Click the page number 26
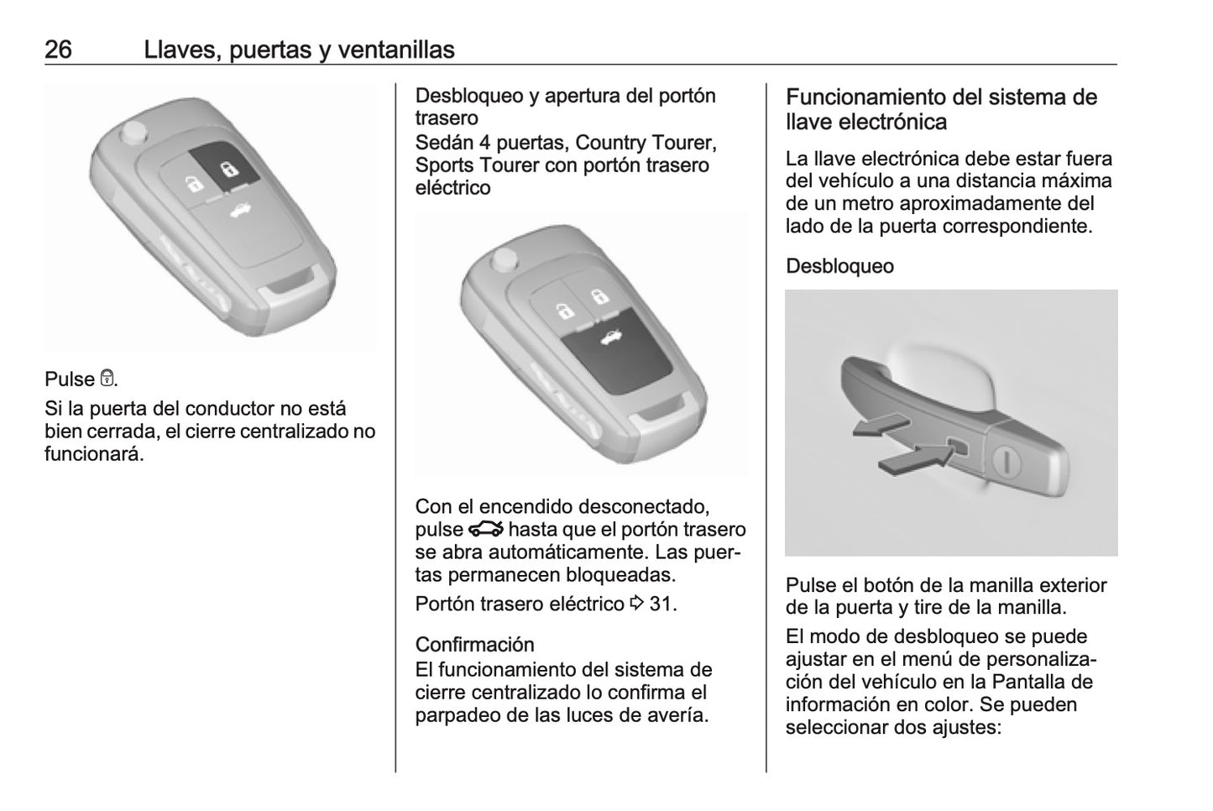[58, 50]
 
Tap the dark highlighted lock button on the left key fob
[226, 170]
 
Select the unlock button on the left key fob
[192, 182]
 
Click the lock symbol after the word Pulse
[107, 379]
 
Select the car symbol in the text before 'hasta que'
[486, 529]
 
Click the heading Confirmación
[474, 644]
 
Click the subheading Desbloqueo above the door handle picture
[839, 266]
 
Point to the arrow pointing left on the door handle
[877, 426]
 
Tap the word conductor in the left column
[221, 409]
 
